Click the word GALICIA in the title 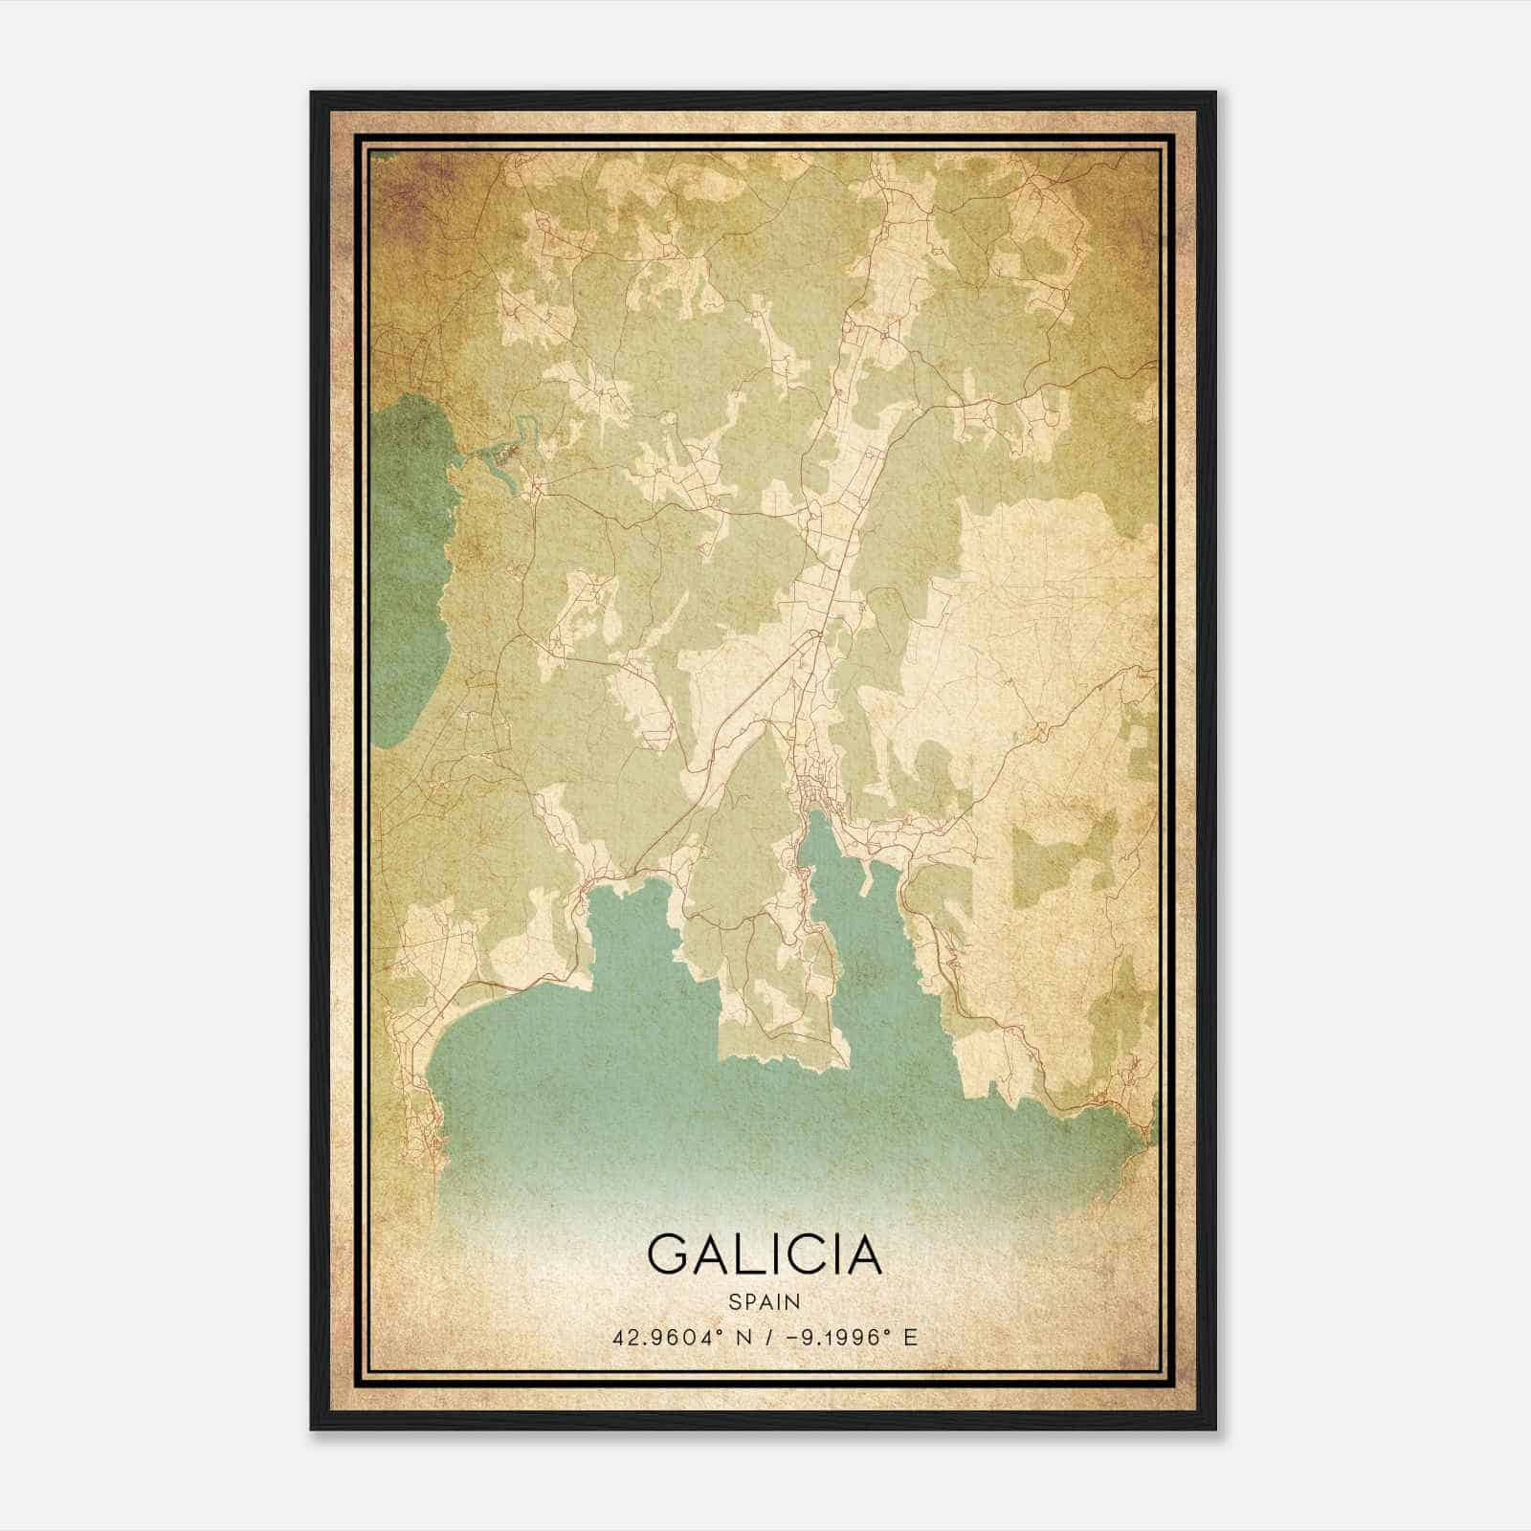coord(764,1254)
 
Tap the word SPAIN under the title coord(764,1301)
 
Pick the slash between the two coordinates coord(762,1337)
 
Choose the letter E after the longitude coord(910,1337)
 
